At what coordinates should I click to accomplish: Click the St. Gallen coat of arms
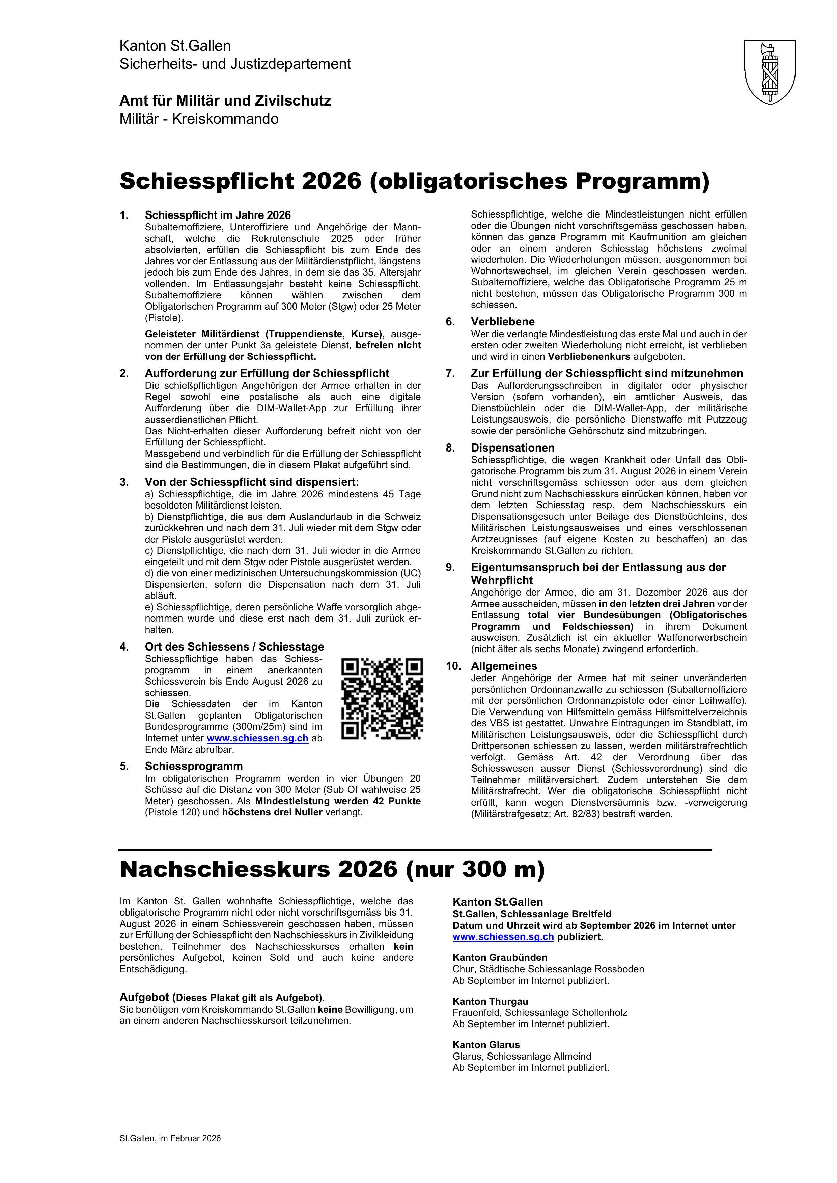(770, 73)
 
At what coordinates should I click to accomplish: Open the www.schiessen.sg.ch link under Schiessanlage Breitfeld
(503, 937)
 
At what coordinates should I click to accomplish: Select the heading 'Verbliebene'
(503, 322)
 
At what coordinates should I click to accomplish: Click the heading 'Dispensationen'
(512, 448)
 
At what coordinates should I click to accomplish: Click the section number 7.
(450, 374)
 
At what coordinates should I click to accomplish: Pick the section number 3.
(124, 482)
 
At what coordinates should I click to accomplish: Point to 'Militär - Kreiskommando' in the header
(199, 119)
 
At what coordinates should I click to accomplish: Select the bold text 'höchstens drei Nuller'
(272, 812)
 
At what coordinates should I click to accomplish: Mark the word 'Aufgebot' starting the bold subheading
(144, 997)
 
